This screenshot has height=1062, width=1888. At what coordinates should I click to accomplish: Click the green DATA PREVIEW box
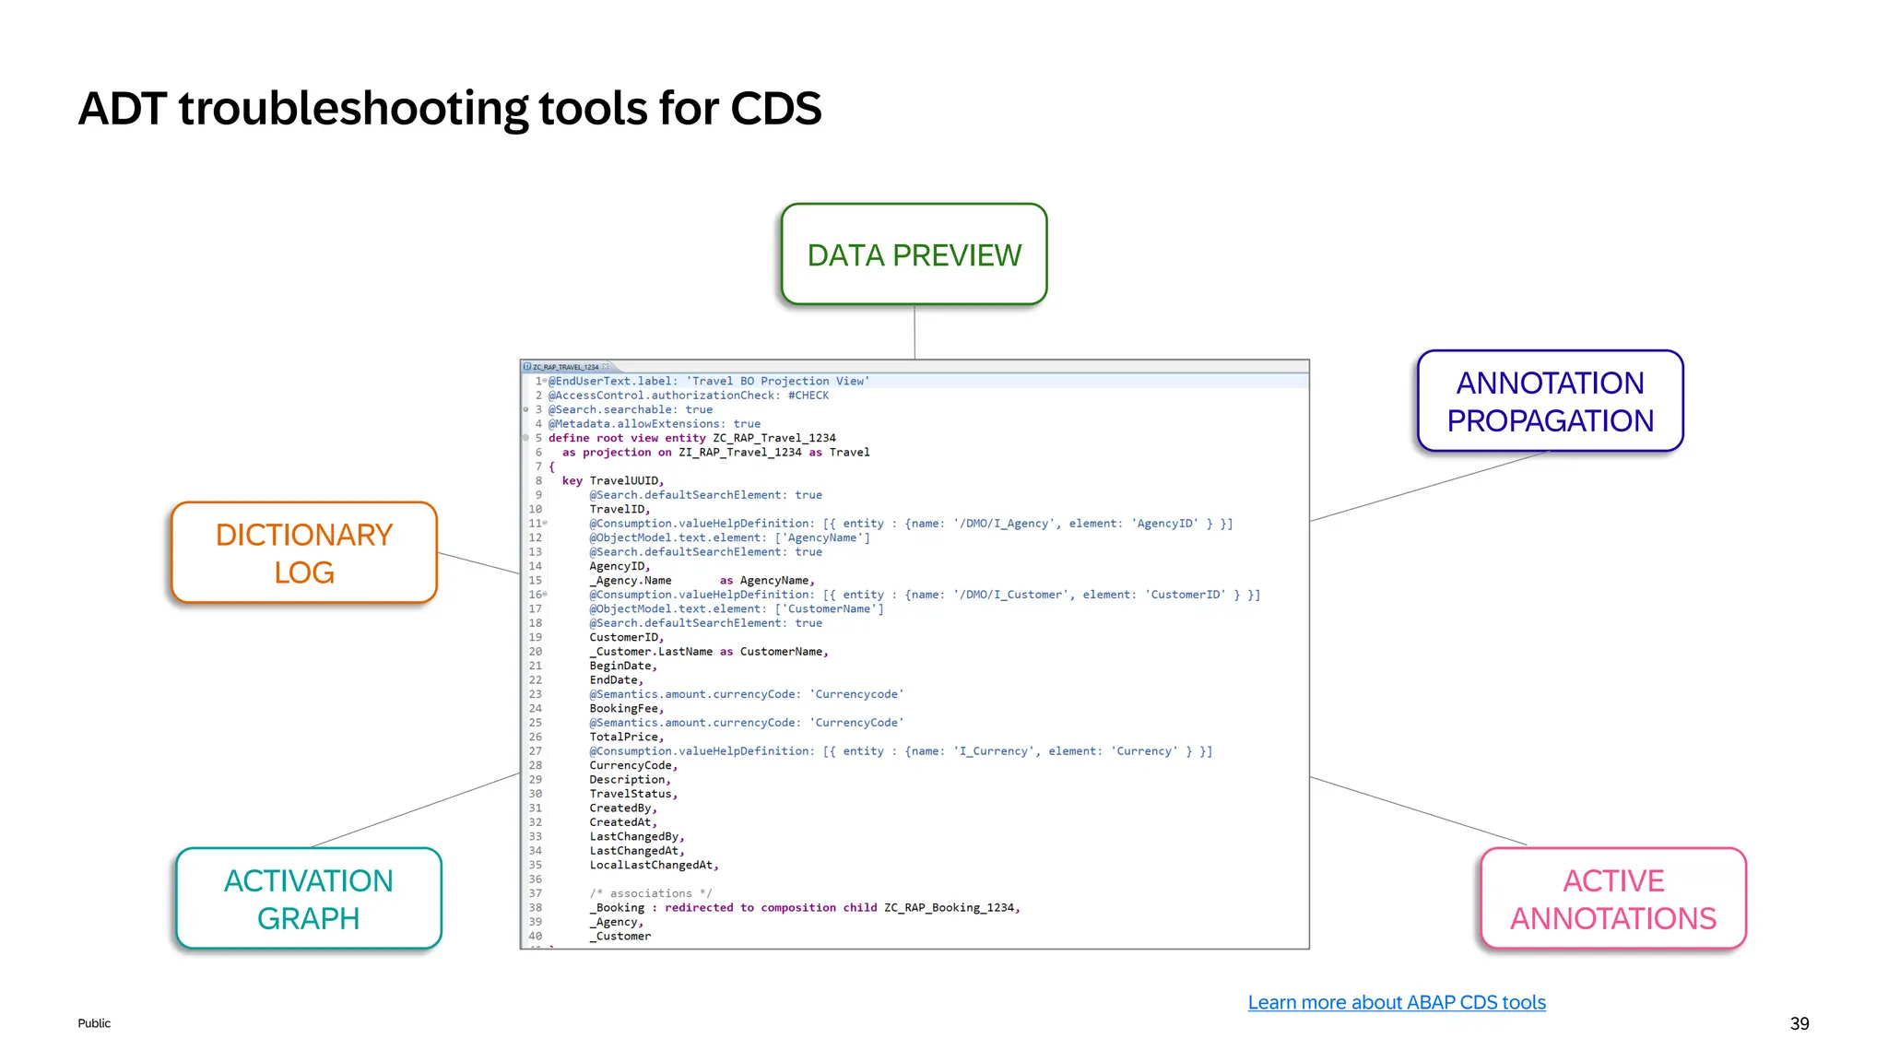tap(914, 254)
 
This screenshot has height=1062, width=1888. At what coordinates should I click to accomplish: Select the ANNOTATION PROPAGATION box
tap(1550, 401)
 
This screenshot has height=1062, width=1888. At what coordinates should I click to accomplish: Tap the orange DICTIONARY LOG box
tap(304, 553)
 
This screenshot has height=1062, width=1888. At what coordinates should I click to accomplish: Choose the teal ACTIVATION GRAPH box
tap(309, 899)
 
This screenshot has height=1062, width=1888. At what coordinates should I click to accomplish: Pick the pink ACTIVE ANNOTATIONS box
tap(1613, 899)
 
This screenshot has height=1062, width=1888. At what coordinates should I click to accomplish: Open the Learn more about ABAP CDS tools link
tap(1396, 1002)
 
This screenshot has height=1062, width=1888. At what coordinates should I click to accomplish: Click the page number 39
tap(1799, 1023)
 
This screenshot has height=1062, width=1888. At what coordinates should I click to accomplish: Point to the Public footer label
tap(94, 1023)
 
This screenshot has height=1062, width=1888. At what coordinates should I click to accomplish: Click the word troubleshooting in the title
tap(355, 109)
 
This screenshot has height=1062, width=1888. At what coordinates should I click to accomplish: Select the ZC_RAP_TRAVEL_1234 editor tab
tap(564, 367)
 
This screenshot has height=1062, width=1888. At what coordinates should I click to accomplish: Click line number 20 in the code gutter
tap(535, 652)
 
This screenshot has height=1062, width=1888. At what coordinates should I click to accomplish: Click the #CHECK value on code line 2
tap(808, 395)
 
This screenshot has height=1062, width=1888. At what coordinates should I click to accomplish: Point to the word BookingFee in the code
tap(625, 709)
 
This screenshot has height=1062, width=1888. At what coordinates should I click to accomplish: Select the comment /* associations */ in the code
tap(650, 893)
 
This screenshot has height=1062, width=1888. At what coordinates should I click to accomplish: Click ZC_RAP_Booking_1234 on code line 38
tap(950, 908)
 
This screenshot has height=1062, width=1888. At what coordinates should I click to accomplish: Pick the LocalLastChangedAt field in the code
tap(652, 866)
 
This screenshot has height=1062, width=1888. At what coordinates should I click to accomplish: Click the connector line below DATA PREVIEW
tap(914, 332)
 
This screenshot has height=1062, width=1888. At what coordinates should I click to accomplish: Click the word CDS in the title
tap(775, 109)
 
